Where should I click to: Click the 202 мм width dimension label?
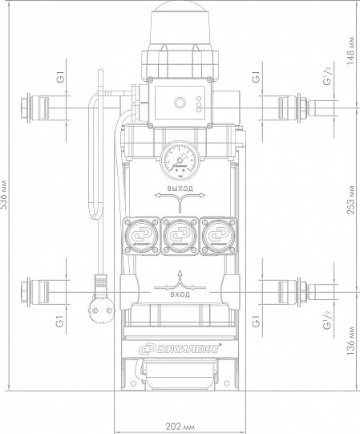(x=180, y=426)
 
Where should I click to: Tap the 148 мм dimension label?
(x=350, y=50)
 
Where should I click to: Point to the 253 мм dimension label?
(x=350, y=200)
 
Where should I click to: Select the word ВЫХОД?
(x=180, y=189)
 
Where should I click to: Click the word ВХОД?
(x=180, y=294)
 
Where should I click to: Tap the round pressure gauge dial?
(x=180, y=160)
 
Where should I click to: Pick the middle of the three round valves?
(x=180, y=236)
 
